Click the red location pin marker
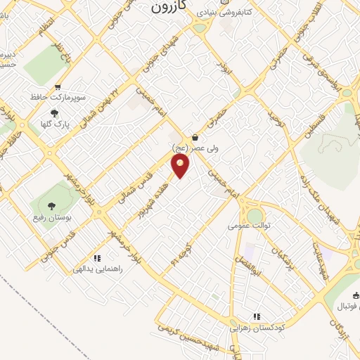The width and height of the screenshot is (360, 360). [x=181, y=166]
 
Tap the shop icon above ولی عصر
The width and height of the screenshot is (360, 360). [x=195, y=138]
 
